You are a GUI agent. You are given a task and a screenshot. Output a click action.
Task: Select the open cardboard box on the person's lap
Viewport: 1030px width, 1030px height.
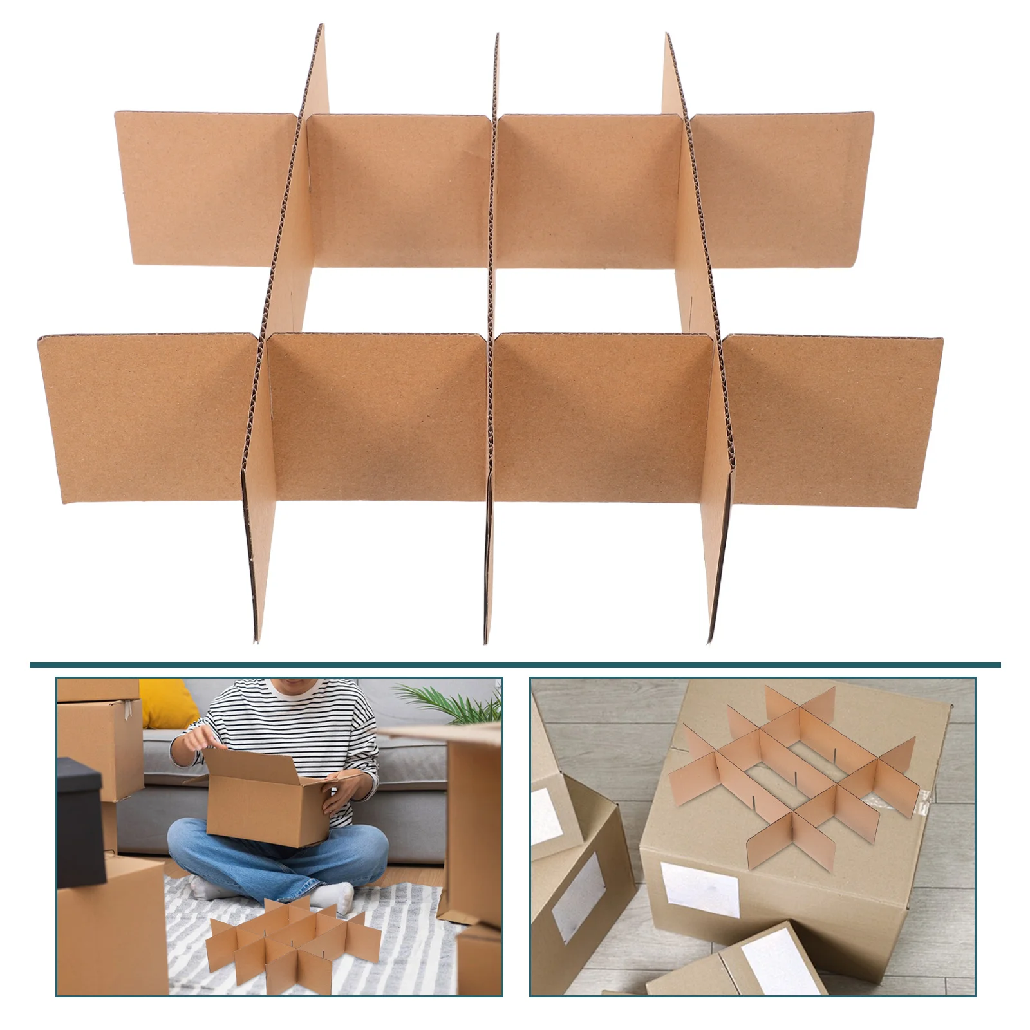pyautogui.click(x=264, y=805)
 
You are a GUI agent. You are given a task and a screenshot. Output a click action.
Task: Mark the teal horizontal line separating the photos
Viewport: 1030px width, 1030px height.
pyautogui.click(x=515, y=664)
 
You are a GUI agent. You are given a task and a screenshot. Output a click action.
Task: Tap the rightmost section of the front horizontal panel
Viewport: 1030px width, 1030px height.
pyautogui.click(x=834, y=418)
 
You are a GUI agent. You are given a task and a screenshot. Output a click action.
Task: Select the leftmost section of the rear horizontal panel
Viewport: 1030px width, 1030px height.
pyautogui.click(x=206, y=187)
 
